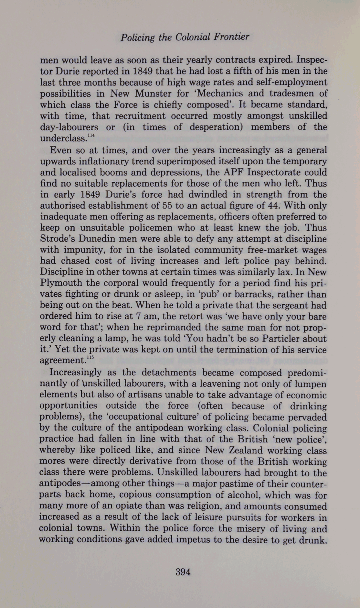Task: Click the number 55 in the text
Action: (170, 206)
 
